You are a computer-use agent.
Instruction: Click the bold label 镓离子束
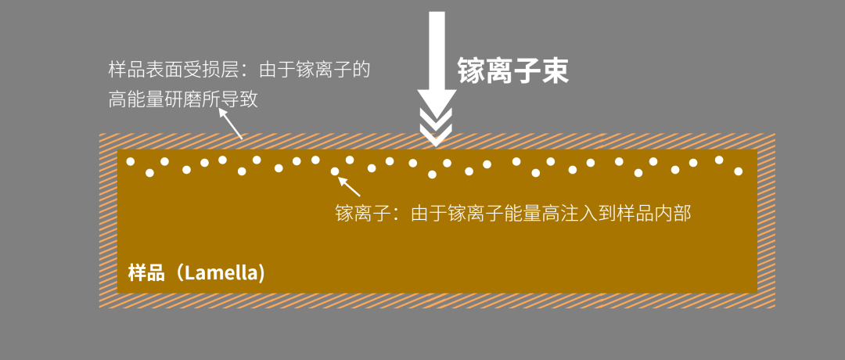point(512,71)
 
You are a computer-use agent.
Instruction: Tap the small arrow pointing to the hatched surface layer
point(230,124)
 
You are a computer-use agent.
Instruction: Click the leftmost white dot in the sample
point(131,162)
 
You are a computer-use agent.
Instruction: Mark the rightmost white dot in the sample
point(738,171)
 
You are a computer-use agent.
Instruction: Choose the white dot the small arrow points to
point(335,171)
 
